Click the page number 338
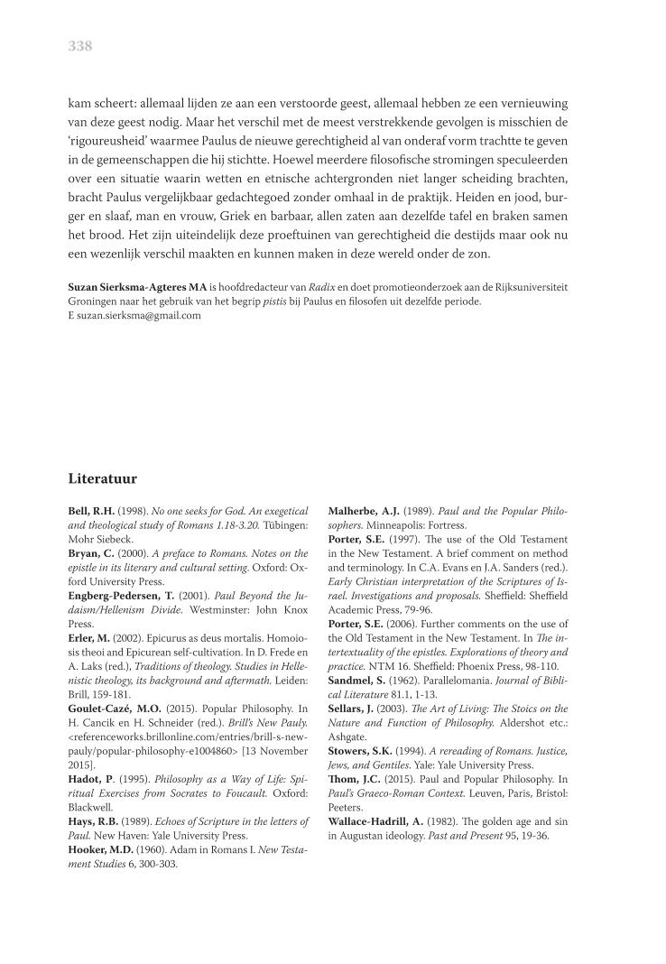(x=80, y=47)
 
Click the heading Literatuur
(x=102, y=477)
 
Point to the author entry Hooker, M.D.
(x=106, y=849)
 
